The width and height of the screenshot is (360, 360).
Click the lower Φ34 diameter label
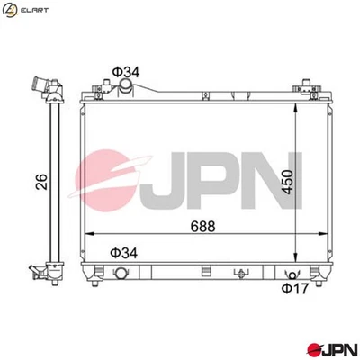coord(124,254)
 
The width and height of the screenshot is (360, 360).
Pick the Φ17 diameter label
coord(294,288)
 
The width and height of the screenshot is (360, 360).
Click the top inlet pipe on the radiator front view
coord(125,85)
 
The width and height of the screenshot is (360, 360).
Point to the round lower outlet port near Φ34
coord(121,274)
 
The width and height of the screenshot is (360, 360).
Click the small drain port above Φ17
coord(289,274)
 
